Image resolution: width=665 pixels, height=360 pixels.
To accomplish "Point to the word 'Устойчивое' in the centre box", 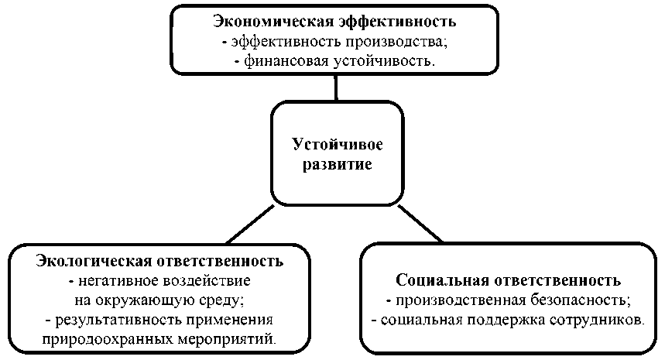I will [x=337, y=145].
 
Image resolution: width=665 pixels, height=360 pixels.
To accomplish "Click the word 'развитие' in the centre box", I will [x=337, y=165].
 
